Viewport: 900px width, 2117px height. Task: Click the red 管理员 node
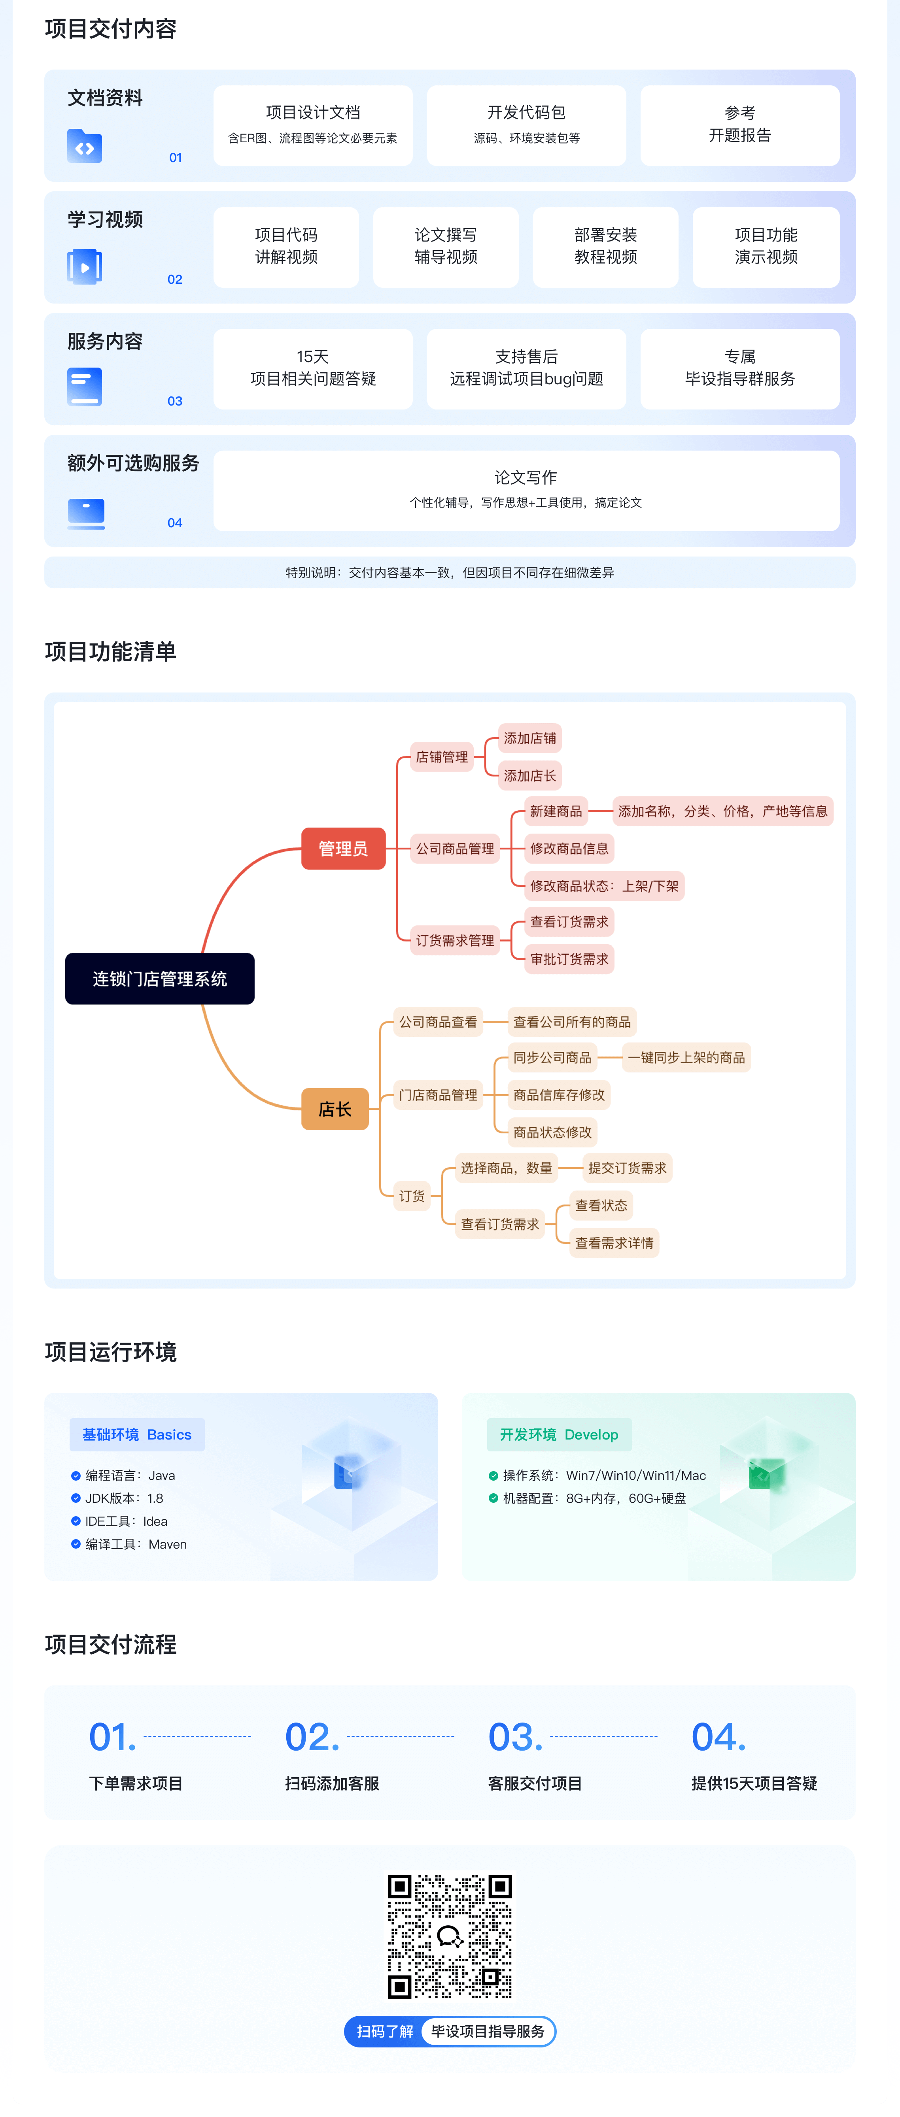tap(343, 848)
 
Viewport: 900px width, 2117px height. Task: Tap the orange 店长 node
tap(335, 1109)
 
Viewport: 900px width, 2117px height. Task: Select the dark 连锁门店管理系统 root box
tap(159, 978)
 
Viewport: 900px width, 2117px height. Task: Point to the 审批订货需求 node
tap(569, 958)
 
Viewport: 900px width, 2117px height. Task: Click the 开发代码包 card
tap(526, 125)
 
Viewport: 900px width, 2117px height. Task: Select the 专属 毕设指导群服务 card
tap(740, 368)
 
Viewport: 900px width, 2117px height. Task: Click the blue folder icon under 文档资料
tap(85, 146)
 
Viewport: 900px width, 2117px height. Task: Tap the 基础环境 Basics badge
tap(136, 1434)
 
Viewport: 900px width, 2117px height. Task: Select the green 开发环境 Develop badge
tap(559, 1434)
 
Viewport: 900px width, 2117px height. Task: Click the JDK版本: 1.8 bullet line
tap(123, 1498)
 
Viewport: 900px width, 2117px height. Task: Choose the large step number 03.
tap(515, 1736)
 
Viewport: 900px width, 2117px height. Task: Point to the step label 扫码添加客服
tap(332, 1783)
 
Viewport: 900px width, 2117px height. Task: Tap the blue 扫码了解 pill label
tap(385, 2031)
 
